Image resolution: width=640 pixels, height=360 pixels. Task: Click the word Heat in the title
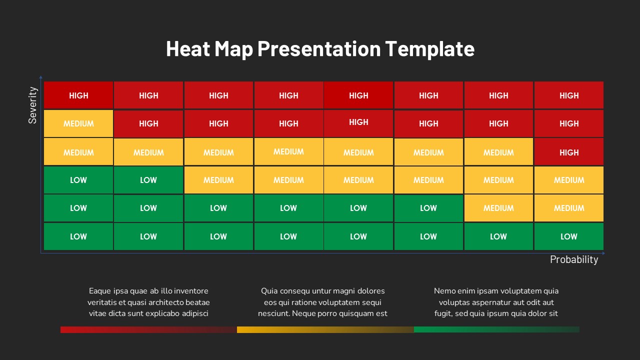pyautogui.click(x=188, y=48)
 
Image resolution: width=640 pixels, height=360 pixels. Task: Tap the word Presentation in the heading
pyautogui.click(x=319, y=48)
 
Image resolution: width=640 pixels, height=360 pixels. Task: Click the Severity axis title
pyautogui.click(x=32, y=105)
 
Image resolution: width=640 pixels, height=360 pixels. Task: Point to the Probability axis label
pyautogui.click(x=574, y=259)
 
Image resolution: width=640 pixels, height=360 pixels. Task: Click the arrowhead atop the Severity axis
pyautogui.click(x=41, y=77)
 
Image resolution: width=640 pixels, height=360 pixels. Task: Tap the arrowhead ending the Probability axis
pyautogui.click(x=603, y=253)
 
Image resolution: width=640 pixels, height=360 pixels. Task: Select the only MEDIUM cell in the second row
pyautogui.click(x=78, y=123)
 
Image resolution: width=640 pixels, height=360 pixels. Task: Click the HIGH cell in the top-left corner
pyautogui.click(x=78, y=95)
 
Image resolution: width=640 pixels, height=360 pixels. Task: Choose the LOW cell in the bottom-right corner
pyautogui.click(x=569, y=236)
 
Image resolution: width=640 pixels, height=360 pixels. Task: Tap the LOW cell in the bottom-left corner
pyautogui.click(x=78, y=236)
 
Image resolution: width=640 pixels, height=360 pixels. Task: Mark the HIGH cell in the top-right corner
pyautogui.click(x=569, y=95)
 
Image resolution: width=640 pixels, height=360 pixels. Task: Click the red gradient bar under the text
pyautogui.click(x=148, y=329)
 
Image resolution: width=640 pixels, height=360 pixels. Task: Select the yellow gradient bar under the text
pyautogui.click(x=325, y=329)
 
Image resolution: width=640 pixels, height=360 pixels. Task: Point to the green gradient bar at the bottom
pyautogui.click(x=497, y=329)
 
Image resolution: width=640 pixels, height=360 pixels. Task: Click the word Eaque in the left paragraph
pyautogui.click(x=99, y=291)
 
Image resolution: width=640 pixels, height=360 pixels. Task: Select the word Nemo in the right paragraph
pyautogui.click(x=445, y=291)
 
